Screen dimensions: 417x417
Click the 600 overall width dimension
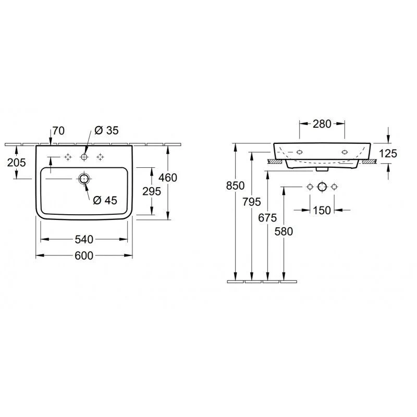click(x=84, y=255)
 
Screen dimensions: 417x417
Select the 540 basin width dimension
click(x=84, y=239)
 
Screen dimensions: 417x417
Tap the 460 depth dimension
click(x=168, y=178)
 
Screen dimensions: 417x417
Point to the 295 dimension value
click(x=152, y=191)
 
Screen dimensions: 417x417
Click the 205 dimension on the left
click(x=17, y=162)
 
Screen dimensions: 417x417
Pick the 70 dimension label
click(x=58, y=131)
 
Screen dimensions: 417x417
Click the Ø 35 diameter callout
click(x=107, y=130)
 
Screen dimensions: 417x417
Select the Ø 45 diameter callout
click(x=105, y=200)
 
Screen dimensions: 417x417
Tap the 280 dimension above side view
click(x=322, y=124)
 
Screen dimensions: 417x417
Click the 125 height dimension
click(x=388, y=153)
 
